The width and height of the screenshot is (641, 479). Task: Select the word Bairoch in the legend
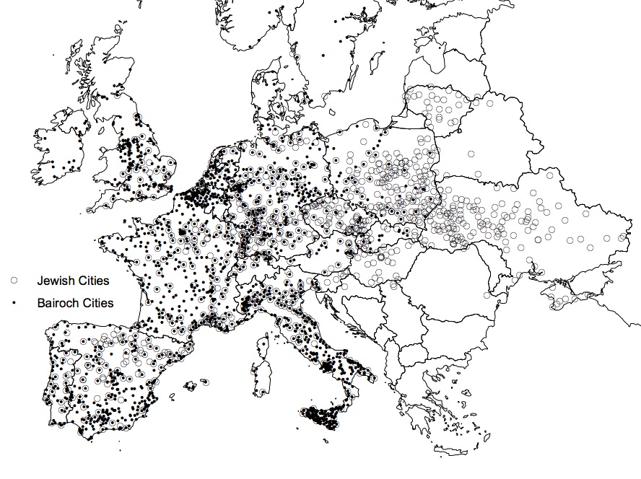tap(58, 303)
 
